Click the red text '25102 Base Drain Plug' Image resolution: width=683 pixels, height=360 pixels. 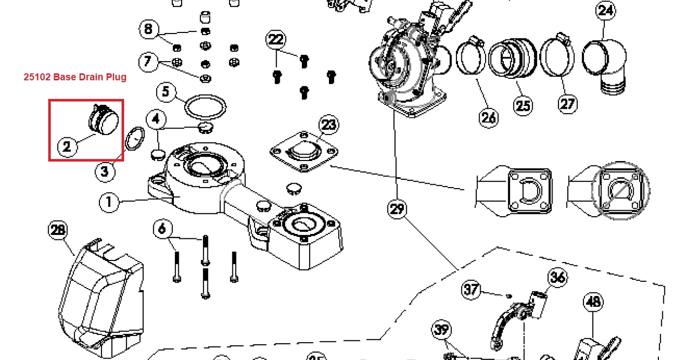coord(75,77)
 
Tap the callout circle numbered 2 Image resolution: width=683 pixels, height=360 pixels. coord(67,146)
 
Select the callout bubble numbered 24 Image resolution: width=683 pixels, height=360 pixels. coord(605,11)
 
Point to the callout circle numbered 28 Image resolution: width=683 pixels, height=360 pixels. coord(58,230)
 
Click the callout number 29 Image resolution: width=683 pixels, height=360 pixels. coord(397,209)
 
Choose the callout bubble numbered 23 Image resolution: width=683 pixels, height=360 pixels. coord(328,124)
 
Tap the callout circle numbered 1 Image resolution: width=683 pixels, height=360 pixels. coord(109,202)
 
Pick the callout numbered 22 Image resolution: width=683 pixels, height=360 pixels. coord(276,39)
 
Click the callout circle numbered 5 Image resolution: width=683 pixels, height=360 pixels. coord(165,92)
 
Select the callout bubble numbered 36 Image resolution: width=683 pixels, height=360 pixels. coord(557,277)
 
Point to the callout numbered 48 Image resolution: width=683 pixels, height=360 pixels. coord(593,301)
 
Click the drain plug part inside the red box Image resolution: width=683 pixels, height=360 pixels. coord(104,119)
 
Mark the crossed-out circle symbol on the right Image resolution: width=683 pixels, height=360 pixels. coord(620,189)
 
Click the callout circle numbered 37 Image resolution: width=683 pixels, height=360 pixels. coord(471,290)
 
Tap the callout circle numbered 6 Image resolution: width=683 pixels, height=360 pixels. coord(163,229)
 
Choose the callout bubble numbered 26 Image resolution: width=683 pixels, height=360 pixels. coord(488,118)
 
